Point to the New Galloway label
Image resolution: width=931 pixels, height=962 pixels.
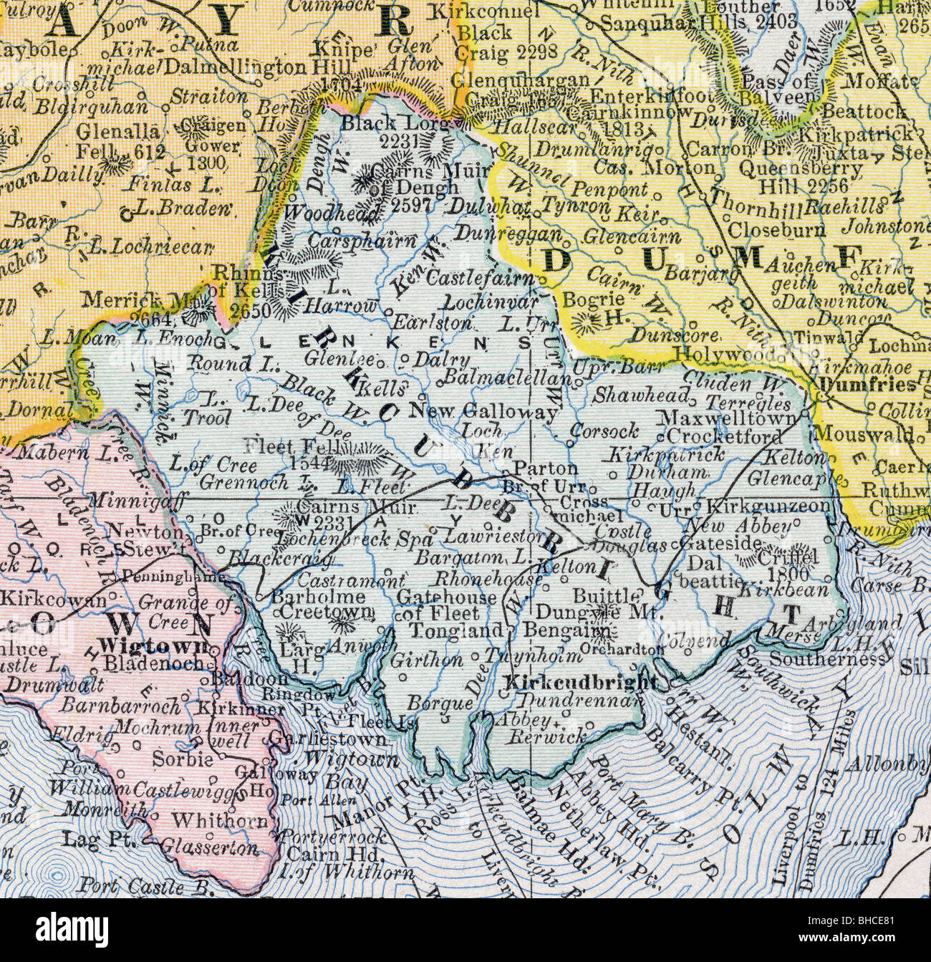point(485,412)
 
